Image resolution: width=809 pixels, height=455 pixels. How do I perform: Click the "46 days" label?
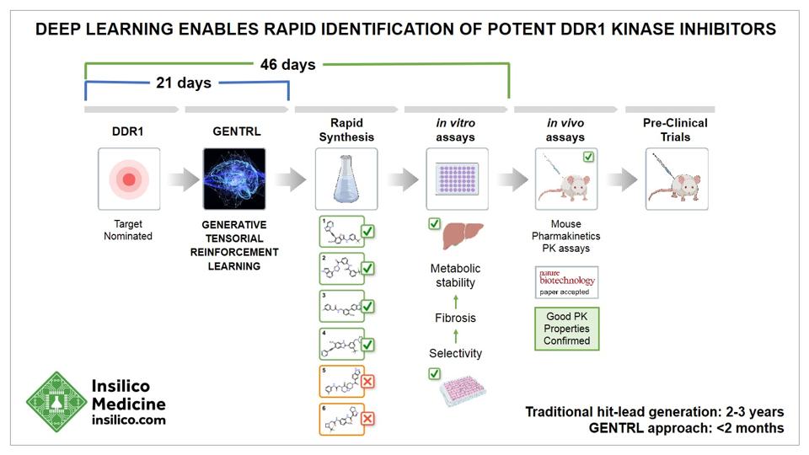(287, 64)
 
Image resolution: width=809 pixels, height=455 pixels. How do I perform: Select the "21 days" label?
(184, 83)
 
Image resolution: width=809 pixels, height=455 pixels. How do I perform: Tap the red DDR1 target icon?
(128, 179)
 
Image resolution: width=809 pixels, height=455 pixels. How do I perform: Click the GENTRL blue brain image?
(234, 179)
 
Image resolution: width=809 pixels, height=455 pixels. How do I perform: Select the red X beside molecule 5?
(367, 382)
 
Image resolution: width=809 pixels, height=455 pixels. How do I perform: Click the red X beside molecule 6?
(367, 419)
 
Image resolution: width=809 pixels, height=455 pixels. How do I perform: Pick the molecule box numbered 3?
(341, 307)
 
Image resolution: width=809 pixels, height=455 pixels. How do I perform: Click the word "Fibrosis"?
(456, 318)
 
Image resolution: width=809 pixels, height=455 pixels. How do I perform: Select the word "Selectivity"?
(456, 353)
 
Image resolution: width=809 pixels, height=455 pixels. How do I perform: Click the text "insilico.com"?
(128, 420)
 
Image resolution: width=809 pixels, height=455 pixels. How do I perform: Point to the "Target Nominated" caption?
(128, 231)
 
